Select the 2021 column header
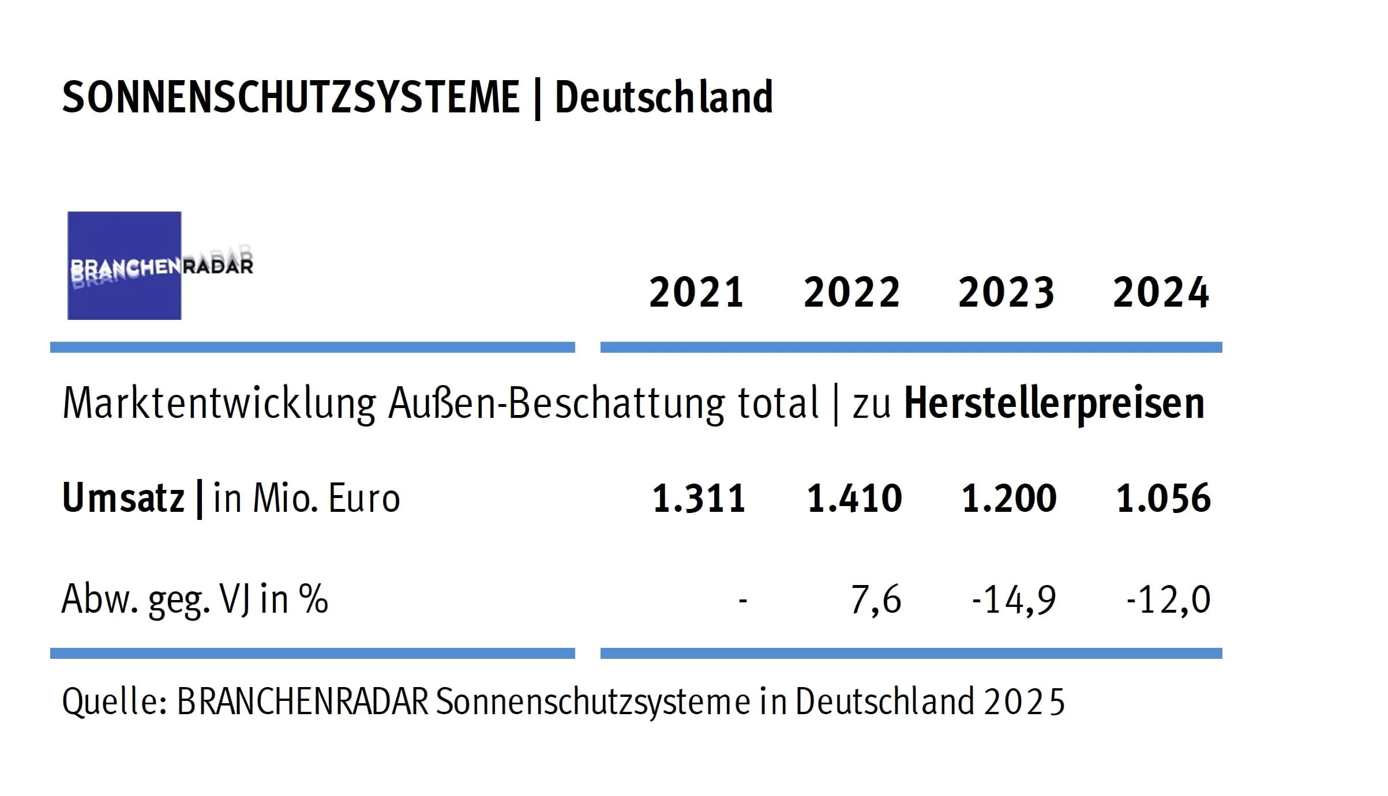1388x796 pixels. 696,292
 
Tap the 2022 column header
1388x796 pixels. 851,292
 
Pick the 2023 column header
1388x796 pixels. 1006,292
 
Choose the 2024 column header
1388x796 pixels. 1161,292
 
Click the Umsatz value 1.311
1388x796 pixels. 699,498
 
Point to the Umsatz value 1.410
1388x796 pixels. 854,498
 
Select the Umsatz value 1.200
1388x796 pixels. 1009,498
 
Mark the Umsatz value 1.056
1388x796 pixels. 1164,498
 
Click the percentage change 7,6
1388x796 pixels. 876,599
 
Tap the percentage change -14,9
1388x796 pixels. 1014,599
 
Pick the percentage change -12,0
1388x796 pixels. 1168,599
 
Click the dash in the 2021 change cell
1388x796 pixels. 742,601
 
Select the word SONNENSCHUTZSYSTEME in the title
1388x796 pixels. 291,97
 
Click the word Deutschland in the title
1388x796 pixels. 663,97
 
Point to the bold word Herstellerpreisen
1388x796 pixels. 1054,403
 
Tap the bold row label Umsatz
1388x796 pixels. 123,498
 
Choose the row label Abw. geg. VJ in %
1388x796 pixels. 194,599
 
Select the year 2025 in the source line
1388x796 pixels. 1024,702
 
